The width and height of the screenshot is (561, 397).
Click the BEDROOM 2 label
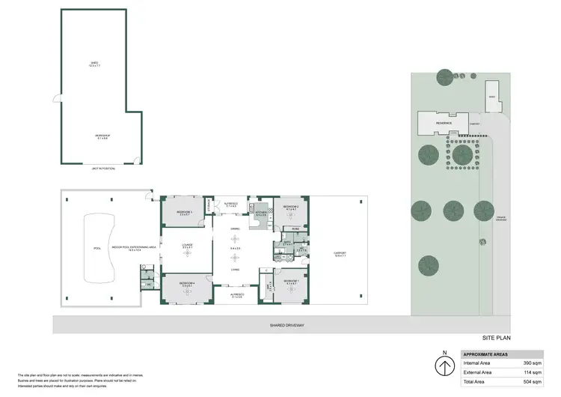pyautogui.click(x=291, y=206)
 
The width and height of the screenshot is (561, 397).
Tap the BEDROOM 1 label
pyautogui.click(x=291, y=282)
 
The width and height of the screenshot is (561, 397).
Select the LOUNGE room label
pyautogui.click(x=188, y=245)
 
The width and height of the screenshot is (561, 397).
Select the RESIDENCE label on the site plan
pyautogui.click(x=444, y=122)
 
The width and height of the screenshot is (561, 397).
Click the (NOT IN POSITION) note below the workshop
pyautogui.click(x=102, y=169)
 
